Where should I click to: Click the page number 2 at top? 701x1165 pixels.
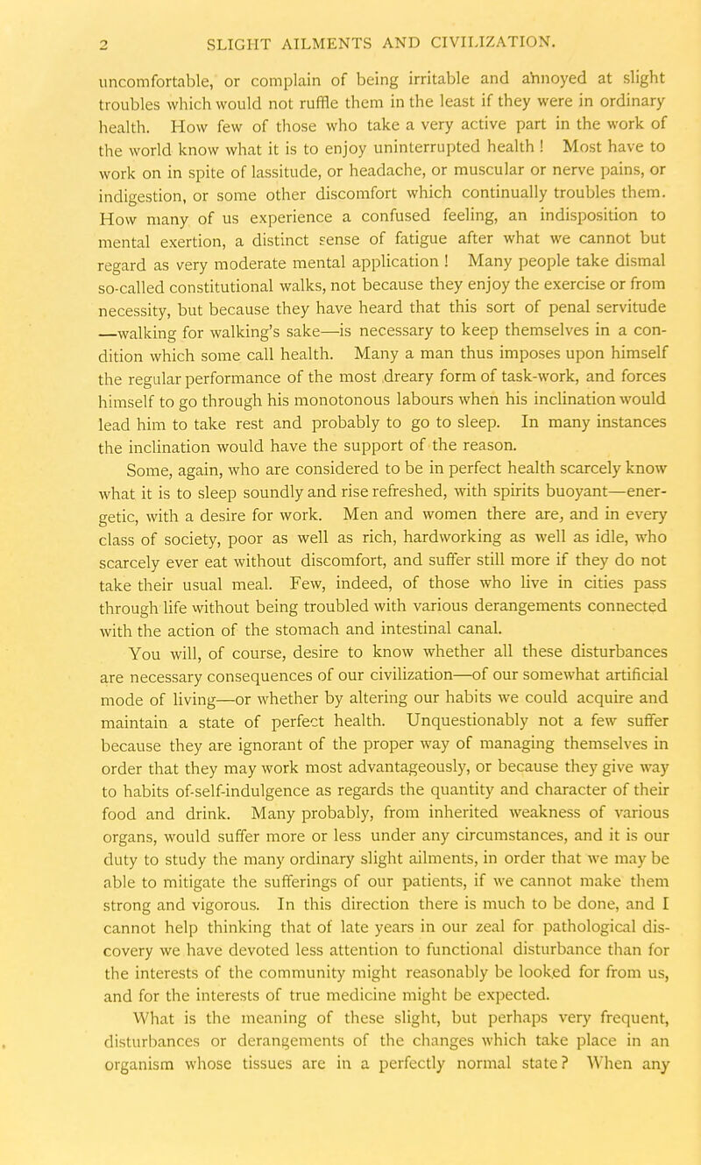[x=53, y=38]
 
